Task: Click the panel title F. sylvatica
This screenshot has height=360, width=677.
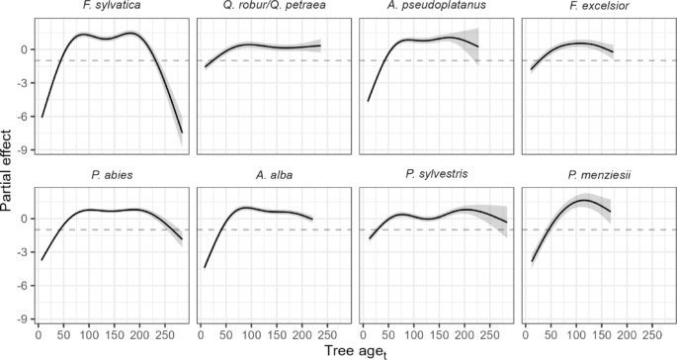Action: (111, 8)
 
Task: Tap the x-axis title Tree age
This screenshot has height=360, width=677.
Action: (353, 349)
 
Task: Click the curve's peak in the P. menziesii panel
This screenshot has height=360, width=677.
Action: (584, 200)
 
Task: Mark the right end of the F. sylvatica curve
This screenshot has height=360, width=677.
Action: (182, 133)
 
